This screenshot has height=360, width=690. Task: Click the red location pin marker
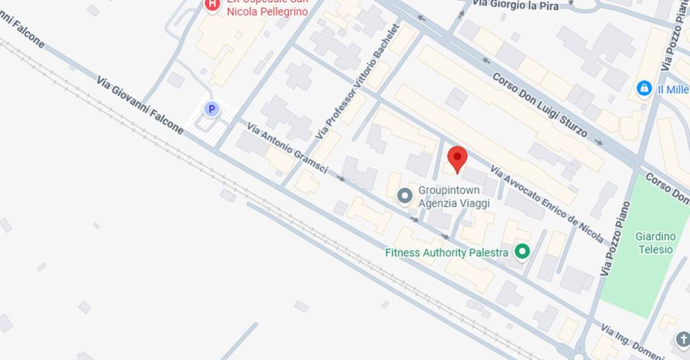point(458,159)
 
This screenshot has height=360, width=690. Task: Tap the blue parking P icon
point(212,109)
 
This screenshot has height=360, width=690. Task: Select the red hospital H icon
point(212,5)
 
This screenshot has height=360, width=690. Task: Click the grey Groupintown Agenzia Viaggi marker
point(404,196)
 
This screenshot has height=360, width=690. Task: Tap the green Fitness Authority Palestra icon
point(522,252)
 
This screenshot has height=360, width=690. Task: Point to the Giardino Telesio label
point(654,243)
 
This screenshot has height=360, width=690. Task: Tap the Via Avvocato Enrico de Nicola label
point(546,203)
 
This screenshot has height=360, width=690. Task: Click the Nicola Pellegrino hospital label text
point(268,11)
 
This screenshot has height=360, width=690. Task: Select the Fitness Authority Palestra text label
point(446,253)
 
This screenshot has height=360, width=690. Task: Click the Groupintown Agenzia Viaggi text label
point(453,196)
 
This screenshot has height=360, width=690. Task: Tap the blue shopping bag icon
point(644,88)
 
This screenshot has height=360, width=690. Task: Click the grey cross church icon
point(682,338)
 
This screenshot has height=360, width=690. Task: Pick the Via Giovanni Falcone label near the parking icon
point(139,104)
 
